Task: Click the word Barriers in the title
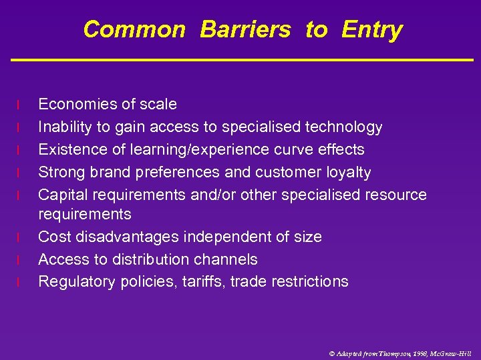(245, 29)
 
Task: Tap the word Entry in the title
(371, 29)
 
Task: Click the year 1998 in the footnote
(420, 353)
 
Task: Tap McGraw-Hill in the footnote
(452, 353)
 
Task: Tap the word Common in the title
(134, 29)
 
